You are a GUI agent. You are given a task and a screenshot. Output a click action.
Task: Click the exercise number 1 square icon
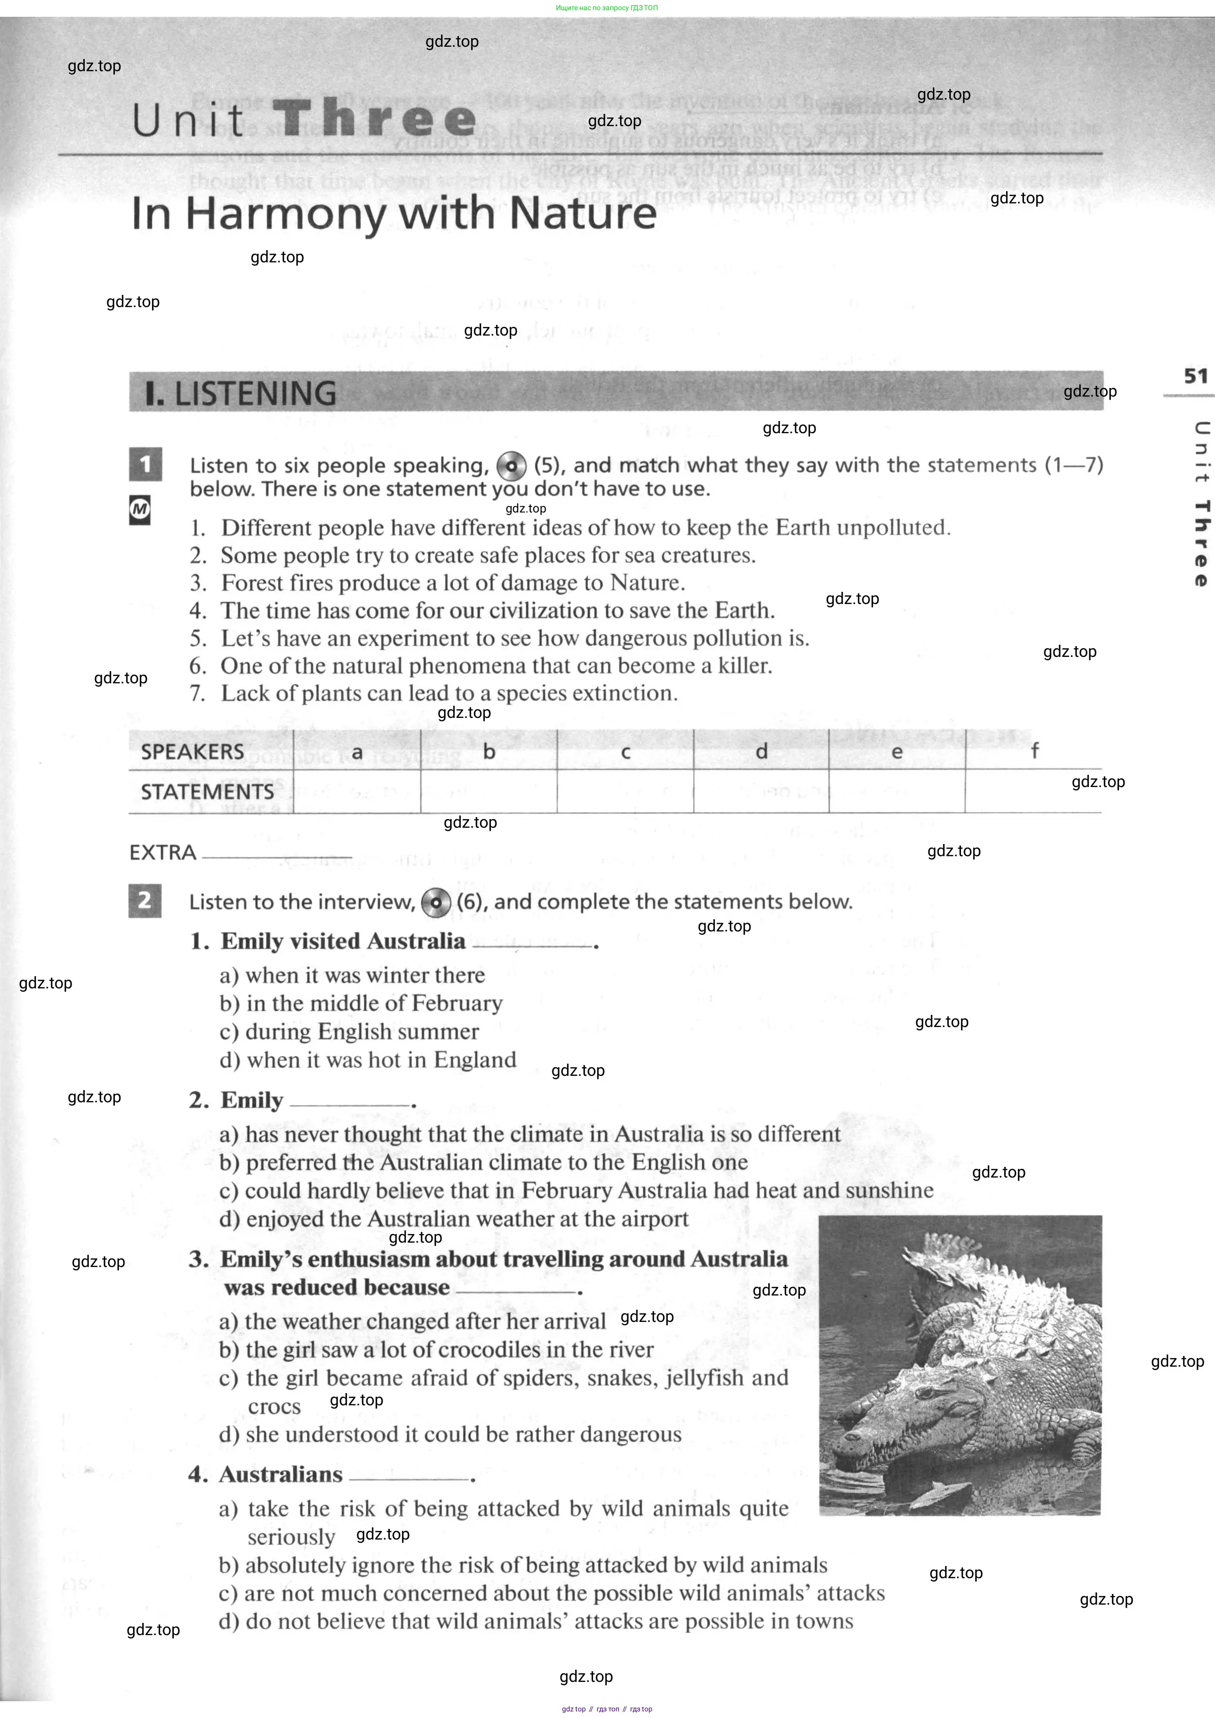point(145,464)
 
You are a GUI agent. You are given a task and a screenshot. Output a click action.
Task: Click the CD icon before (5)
point(512,466)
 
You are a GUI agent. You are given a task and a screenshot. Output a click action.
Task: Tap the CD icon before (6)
point(435,902)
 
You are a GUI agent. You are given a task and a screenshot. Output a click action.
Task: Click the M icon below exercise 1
point(140,510)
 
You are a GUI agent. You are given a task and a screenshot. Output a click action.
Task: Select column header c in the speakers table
point(626,751)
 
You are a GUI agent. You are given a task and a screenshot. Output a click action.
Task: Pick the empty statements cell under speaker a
point(357,791)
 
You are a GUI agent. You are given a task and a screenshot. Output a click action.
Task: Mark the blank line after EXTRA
point(277,856)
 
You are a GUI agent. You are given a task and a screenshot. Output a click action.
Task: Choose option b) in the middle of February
point(361,1003)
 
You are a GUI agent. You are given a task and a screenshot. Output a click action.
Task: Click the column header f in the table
point(1034,751)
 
